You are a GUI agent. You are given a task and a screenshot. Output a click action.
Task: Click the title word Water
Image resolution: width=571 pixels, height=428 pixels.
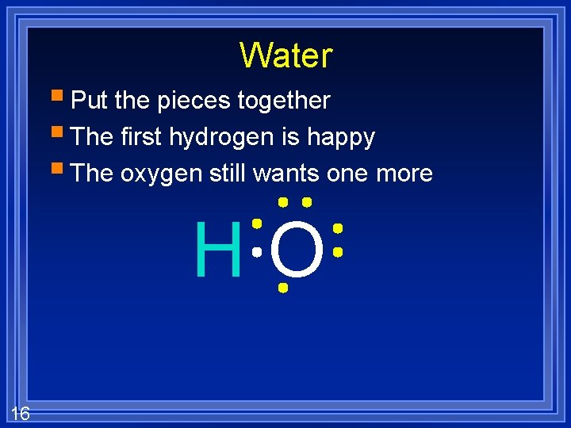click(x=285, y=55)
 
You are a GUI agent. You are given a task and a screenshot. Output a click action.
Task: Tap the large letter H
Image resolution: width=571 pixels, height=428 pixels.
click(x=217, y=250)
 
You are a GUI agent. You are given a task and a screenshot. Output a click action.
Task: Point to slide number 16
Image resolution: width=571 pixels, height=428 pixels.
click(x=21, y=412)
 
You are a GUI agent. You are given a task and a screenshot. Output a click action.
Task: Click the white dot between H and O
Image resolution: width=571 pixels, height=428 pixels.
click(x=256, y=252)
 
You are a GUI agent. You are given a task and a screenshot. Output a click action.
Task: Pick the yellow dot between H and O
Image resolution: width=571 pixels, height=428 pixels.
click(x=256, y=224)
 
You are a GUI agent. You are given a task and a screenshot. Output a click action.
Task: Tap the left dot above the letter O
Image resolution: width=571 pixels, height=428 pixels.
click(x=282, y=202)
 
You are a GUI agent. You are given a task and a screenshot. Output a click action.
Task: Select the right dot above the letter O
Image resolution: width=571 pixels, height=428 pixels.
click(x=306, y=202)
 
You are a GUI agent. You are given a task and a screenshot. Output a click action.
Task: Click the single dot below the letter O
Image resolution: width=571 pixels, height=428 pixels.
click(x=282, y=289)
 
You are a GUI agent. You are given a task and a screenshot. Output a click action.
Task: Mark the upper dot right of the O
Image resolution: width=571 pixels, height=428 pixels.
click(x=337, y=228)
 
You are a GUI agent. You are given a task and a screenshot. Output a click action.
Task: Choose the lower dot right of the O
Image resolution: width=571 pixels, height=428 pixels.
click(x=337, y=252)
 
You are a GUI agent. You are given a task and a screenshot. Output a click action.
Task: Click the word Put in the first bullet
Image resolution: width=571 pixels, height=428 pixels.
click(x=90, y=101)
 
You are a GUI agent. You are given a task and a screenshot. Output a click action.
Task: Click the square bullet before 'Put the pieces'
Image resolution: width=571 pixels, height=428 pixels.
click(x=61, y=98)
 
